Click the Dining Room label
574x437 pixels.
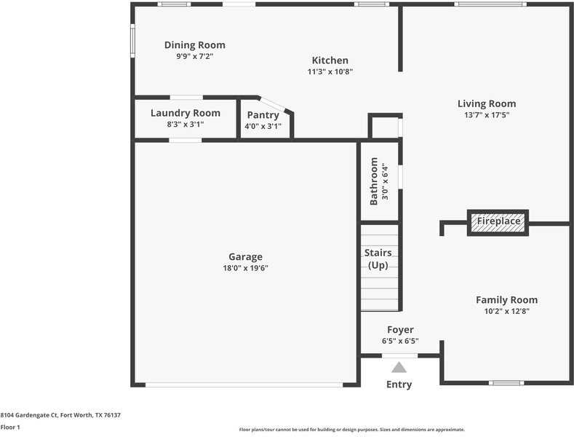(194, 45)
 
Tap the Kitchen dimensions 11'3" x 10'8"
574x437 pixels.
(330, 71)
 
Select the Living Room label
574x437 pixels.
(486, 103)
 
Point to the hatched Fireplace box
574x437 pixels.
(498, 221)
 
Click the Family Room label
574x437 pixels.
(506, 300)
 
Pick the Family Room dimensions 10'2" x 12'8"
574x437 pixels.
(506, 311)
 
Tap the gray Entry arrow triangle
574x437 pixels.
(399, 368)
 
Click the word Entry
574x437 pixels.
(399, 385)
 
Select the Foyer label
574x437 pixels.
(400, 330)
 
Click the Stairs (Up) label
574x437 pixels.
(378, 259)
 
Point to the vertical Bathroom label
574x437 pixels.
(374, 181)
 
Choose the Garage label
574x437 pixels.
(245, 257)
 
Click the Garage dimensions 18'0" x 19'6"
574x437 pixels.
(245, 268)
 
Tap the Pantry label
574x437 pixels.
(263, 115)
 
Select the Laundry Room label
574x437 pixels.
(185, 113)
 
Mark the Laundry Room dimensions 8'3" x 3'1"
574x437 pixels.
(185, 125)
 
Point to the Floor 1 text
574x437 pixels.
(10, 428)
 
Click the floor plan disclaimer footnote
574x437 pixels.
(351, 430)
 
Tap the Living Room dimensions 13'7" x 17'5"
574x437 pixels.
(486, 114)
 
